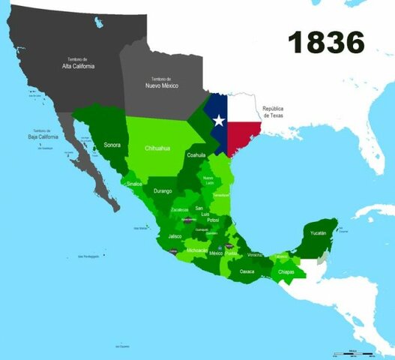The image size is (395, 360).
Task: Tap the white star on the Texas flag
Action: (x=218, y=120)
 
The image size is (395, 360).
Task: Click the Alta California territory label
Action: (x=78, y=63)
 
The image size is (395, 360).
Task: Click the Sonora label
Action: (x=112, y=144)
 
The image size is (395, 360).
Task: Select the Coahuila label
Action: (x=196, y=155)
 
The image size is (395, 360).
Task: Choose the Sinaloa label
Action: (x=135, y=183)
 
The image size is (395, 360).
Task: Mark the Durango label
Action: (x=163, y=191)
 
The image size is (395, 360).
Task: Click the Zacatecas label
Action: (x=179, y=211)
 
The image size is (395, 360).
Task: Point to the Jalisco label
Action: (x=175, y=236)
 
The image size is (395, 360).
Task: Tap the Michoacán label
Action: (x=197, y=249)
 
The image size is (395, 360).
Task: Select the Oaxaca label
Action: (x=247, y=271)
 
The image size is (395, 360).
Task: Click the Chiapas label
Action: (x=285, y=271)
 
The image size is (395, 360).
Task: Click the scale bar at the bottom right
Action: (x=352, y=352)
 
